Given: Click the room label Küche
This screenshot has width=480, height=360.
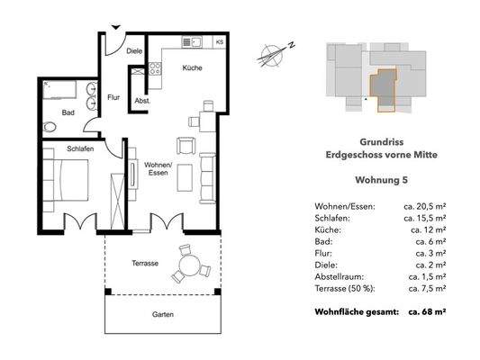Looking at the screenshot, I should click(x=191, y=68).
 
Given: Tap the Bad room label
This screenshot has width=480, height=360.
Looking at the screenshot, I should click(x=68, y=112).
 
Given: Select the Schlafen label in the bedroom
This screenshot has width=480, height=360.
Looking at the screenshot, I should click(x=80, y=149).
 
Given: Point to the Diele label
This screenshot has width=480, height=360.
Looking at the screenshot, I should click(x=134, y=52).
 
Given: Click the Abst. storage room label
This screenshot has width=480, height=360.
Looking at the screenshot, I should click(x=142, y=101).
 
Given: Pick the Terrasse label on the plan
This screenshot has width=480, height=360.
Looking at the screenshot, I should click(x=144, y=263).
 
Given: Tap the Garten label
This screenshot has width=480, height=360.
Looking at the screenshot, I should click(x=163, y=316).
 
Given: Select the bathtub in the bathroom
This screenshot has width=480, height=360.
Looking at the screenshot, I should click(x=61, y=91).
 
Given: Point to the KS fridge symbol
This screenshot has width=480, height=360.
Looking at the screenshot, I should click(x=219, y=42).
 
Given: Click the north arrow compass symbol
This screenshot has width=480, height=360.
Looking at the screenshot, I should click(x=271, y=54).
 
